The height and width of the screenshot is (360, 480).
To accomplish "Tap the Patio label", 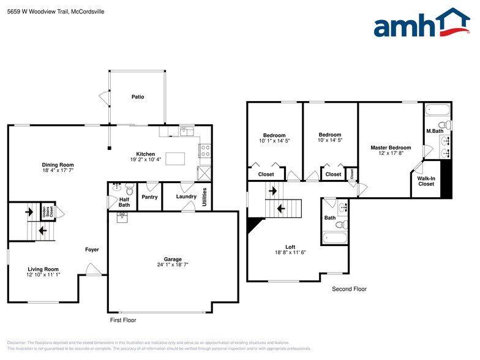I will point(138,97).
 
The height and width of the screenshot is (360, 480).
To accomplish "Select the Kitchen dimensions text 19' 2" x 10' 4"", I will point(146,160).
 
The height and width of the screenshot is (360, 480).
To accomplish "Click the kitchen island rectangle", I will point(176,159).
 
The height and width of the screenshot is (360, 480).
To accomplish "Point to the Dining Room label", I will point(58,165).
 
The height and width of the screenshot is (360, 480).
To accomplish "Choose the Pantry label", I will point(149,197).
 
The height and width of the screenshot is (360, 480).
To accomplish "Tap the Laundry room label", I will point(186,197).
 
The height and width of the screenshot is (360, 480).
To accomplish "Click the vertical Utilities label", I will point(204,197).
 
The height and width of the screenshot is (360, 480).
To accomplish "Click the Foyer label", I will point(92,250).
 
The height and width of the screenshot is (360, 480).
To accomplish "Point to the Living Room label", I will point(43,269).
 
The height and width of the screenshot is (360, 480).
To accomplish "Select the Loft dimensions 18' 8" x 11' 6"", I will point(290,252).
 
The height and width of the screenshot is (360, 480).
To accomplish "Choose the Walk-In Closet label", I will point(426,181).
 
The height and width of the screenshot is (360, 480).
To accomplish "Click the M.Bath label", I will point(434,131).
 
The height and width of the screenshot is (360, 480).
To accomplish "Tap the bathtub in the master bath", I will point(436,110).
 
